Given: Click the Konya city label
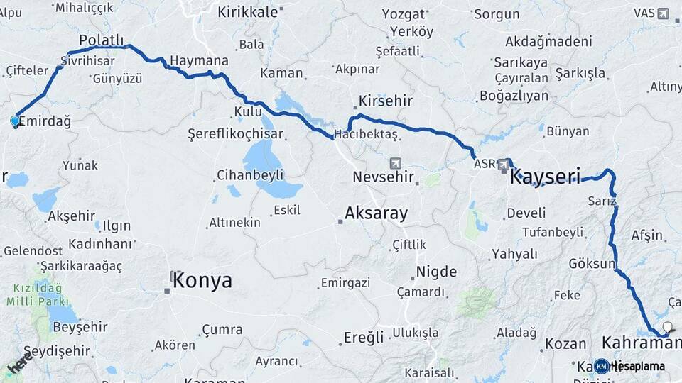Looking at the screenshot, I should pyautogui.click(x=202, y=280).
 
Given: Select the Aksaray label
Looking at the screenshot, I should pyautogui.click(x=376, y=213).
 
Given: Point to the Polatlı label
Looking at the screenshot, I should pyautogui.click(x=102, y=40).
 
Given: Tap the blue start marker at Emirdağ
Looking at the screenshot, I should pyautogui.click(x=15, y=121).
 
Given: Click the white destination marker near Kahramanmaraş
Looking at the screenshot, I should pyautogui.click(x=666, y=328).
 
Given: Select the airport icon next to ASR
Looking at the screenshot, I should pyautogui.click(x=504, y=165).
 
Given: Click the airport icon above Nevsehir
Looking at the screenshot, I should pyautogui.click(x=395, y=163).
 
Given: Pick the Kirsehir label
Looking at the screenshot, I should pyautogui.click(x=386, y=101).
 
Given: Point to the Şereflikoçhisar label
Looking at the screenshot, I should pyautogui.click(x=235, y=134).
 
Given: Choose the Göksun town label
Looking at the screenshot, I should pyautogui.click(x=592, y=264).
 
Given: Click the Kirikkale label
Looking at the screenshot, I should pyautogui.click(x=249, y=12).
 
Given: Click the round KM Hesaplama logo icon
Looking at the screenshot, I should pyautogui.click(x=601, y=366).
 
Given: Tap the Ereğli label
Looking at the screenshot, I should pyautogui.click(x=364, y=336).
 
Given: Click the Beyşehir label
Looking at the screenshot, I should pyautogui.click(x=80, y=327).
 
